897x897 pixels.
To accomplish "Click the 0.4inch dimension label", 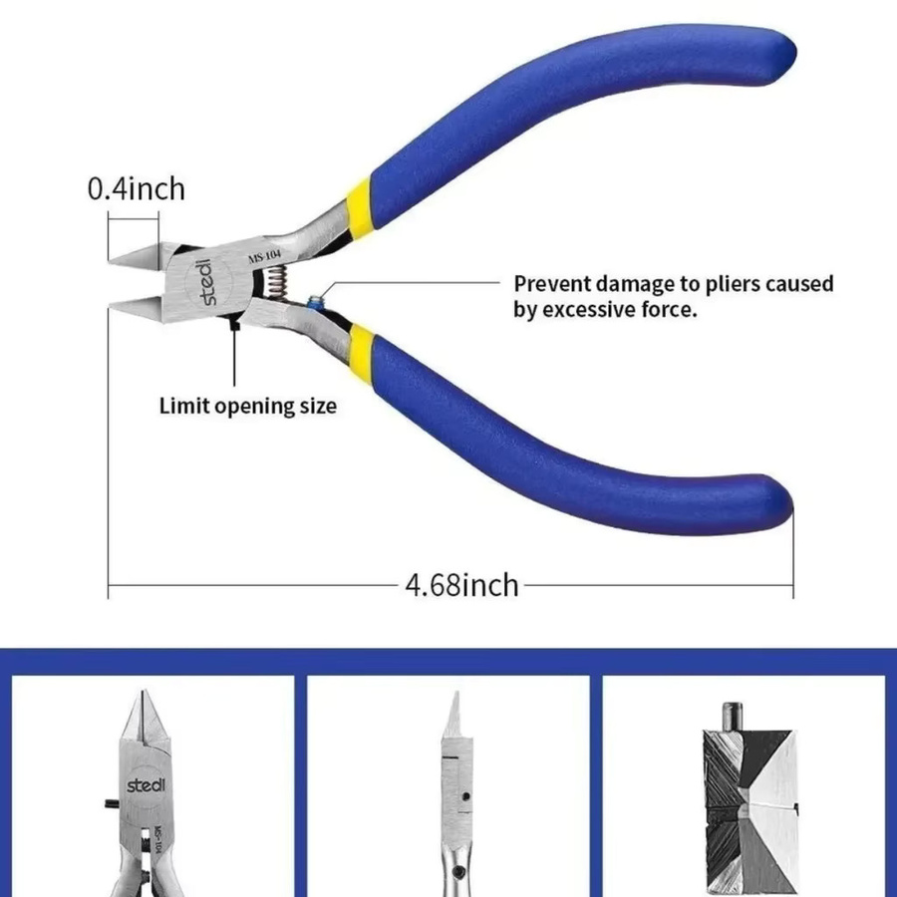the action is tap(137, 188).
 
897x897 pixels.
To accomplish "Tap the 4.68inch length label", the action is tap(461, 585).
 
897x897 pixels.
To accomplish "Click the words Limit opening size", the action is tap(248, 407).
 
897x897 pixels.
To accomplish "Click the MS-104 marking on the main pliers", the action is tap(264, 257).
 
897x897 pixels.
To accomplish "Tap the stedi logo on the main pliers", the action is tap(206, 282).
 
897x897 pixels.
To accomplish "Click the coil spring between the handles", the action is tap(277, 283).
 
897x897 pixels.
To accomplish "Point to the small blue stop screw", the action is tap(314, 301).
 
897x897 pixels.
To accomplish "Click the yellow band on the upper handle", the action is tap(360, 206).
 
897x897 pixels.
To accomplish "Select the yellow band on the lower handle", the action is tap(361, 352).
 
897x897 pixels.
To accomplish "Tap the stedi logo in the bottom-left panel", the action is tap(146, 784).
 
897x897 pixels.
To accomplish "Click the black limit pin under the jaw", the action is tap(233, 324).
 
